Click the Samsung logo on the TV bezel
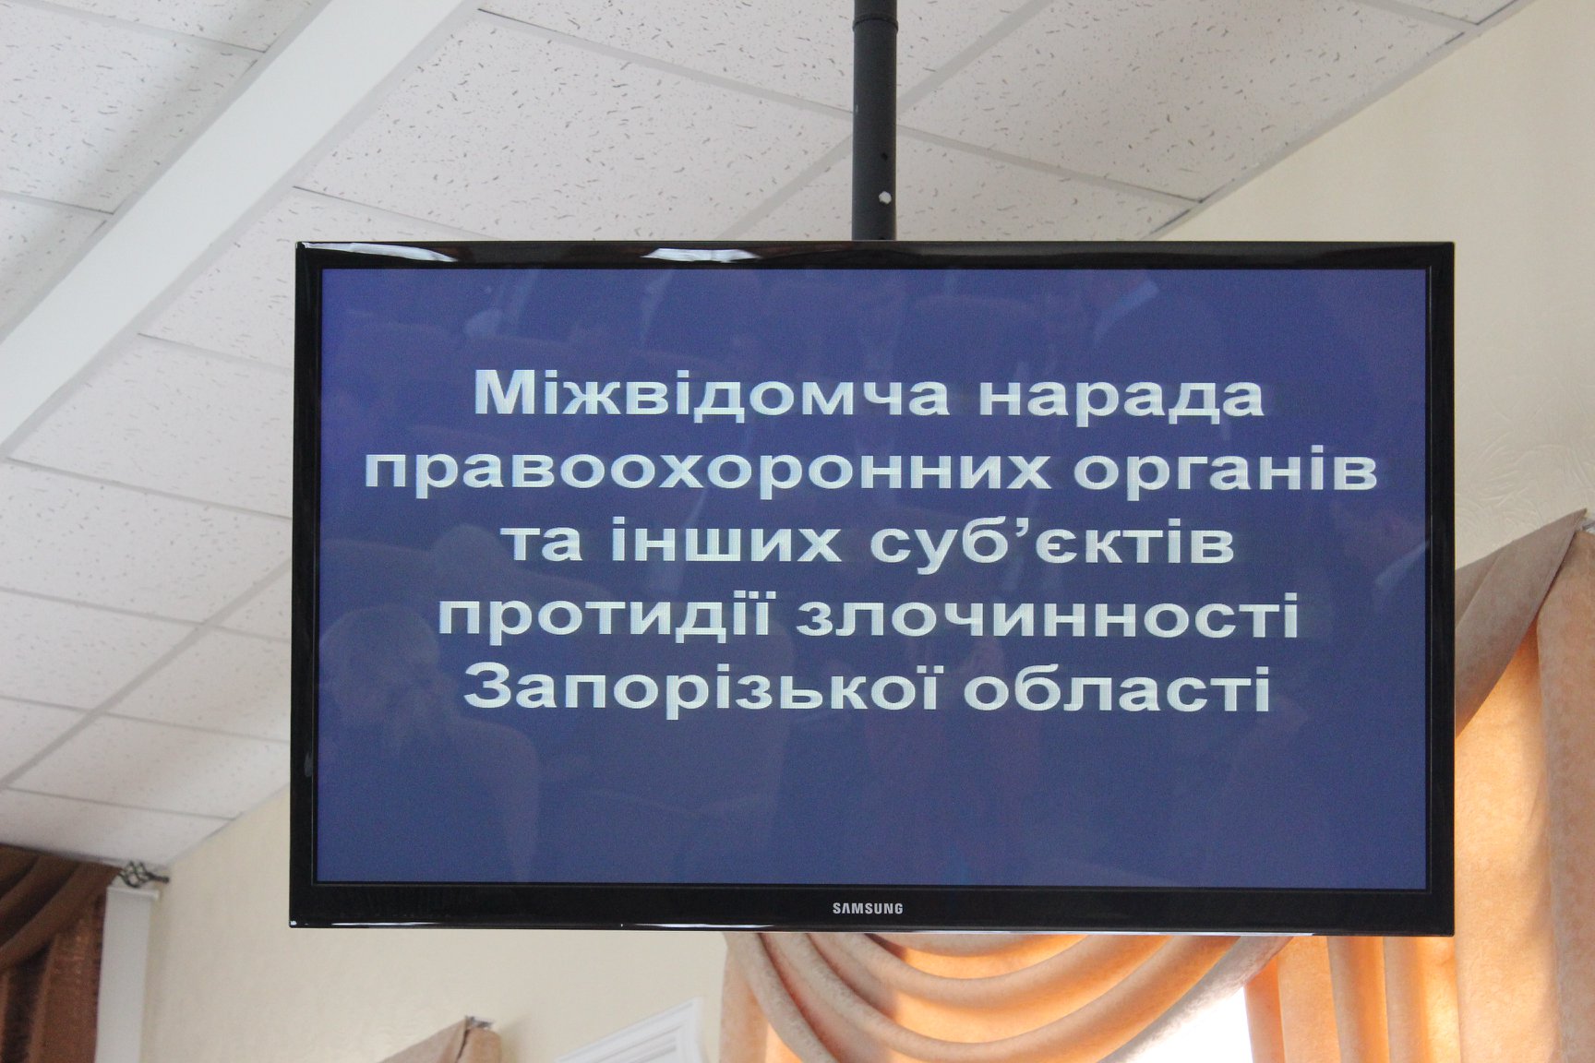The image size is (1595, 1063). [868, 908]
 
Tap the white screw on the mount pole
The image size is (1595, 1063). [884, 197]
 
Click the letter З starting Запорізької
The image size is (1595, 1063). [487, 688]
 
